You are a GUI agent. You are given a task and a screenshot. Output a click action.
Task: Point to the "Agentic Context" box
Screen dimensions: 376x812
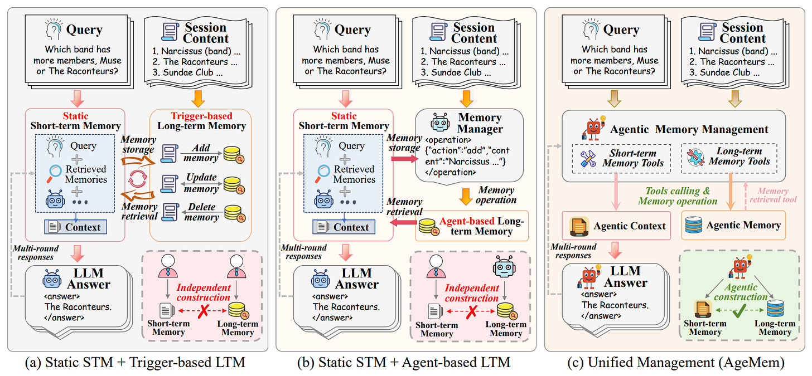pos(616,226)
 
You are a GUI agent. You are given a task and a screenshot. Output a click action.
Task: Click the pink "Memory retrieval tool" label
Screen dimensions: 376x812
pos(773,194)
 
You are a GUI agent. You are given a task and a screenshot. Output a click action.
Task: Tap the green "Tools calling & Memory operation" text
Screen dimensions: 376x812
pos(677,196)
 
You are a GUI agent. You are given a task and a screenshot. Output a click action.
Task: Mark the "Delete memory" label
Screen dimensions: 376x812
pos(201,212)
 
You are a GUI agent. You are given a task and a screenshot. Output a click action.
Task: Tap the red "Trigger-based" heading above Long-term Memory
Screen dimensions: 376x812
pos(200,115)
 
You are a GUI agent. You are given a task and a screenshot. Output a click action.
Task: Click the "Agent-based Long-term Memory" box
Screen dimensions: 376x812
pos(472,226)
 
